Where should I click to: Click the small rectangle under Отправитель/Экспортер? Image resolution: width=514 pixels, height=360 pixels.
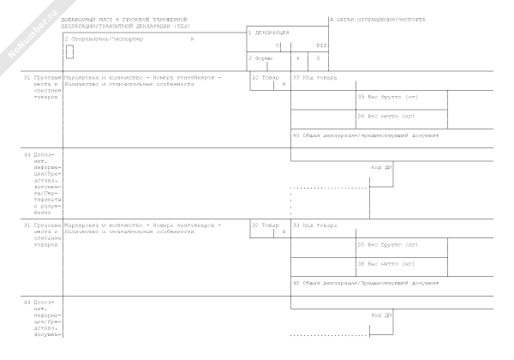pos(69,51)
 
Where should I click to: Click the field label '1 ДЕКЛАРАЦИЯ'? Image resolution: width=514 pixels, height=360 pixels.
pos(268,33)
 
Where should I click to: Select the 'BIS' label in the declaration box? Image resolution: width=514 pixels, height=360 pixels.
pos(321,45)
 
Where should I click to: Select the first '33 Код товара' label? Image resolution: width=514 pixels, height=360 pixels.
pos(314,78)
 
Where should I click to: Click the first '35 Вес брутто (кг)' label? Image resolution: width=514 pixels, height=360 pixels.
pos(387,97)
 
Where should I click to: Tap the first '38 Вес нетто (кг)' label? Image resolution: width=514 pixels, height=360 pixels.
pos(386,116)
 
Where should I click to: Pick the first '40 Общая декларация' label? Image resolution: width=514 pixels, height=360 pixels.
pos(366,135)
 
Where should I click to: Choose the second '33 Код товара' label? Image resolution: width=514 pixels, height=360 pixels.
pos(314,225)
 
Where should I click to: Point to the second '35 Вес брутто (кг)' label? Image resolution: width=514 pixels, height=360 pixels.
pos(387,244)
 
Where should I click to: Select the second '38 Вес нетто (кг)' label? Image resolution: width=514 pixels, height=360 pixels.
pos(386,263)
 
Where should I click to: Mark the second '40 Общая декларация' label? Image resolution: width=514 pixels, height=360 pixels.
pos(366,282)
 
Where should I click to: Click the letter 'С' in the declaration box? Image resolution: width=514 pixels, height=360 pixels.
pos(278,45)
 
